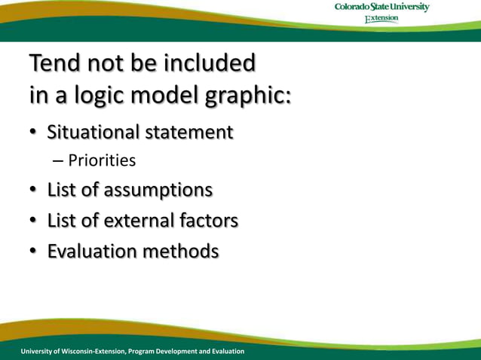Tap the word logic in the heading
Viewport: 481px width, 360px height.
[x=97, y=96]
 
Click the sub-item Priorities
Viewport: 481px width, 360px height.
[x=102, y=160]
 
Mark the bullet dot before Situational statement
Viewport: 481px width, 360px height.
[x=34, y=133]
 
